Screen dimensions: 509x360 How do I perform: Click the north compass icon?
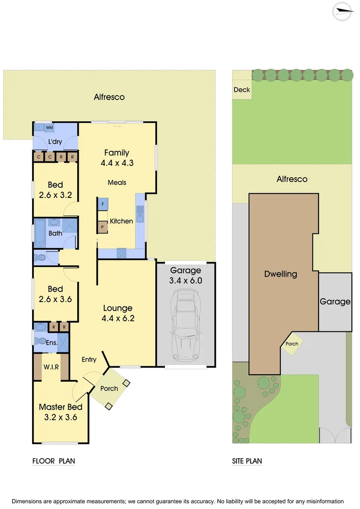(x=343, y=12)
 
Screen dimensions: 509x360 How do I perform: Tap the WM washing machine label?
(x=49, y=128)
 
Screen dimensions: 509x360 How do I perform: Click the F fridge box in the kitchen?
(x=103, y=204)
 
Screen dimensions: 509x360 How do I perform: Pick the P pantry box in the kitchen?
(x=103, y=228)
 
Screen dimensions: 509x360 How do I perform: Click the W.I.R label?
(x=51, y=367)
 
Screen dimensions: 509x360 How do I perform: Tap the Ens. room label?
(x=51, y=343)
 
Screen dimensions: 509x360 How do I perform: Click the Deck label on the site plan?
(x=242, y=90)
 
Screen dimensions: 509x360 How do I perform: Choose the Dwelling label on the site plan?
(x=280, y=274)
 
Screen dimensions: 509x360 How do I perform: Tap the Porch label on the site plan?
(x=292, y=344)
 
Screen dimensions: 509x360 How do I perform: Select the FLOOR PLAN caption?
(x=53, y=461)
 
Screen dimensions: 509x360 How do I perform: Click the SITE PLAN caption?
(x=247, y=461)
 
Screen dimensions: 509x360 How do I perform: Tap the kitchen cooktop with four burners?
(x=121, y=253)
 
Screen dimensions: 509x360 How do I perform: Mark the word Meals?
(x=117, y=182)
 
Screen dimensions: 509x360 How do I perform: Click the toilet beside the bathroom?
(x=40, y=257)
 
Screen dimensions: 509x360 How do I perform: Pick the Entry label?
(x=89, y=360)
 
